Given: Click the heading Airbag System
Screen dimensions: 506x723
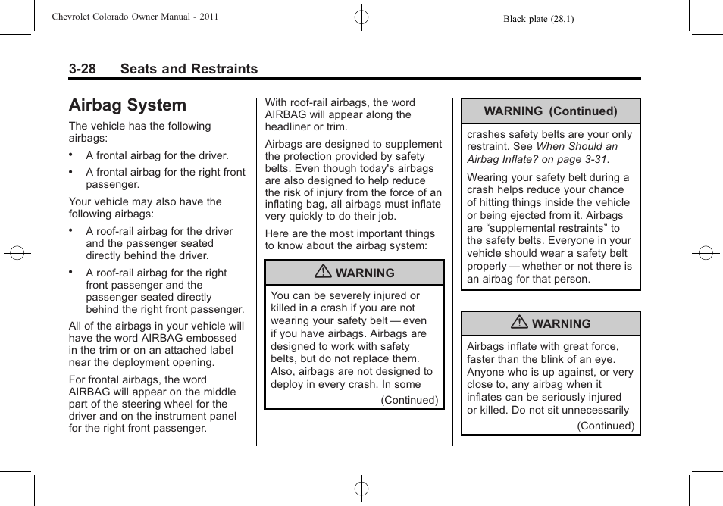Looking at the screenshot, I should click(127, 105).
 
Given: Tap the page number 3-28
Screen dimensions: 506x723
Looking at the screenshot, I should click(82, 69).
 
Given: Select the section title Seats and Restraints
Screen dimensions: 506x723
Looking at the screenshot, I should click(189, 69).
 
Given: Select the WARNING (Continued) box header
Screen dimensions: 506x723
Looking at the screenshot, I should click(550, 111).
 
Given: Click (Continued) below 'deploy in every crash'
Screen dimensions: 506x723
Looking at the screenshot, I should click(409, 400).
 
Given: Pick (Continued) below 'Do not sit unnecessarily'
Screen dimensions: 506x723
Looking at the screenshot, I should click(606, 426).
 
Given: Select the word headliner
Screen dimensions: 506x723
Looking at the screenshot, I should click(289, 127).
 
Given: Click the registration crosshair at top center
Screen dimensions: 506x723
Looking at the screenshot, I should click(361, 16).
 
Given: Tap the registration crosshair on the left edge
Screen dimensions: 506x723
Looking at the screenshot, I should click(16, 253).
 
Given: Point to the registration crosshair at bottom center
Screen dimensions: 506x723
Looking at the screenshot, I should click(361, 489).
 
